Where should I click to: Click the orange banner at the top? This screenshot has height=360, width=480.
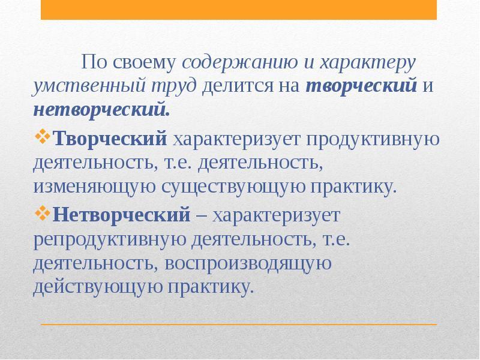[239, 10]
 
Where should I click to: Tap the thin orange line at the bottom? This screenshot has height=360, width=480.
[239, 324]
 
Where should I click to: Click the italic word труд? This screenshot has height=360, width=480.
[173, 86]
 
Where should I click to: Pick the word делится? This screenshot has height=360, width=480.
[238, 86]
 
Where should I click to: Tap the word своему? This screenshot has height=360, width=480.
[145, 63]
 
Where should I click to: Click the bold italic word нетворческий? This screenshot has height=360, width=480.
[101, 110]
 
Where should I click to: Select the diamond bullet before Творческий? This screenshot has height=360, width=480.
[42, 137]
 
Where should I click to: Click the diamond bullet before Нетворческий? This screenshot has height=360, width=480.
[42, 214]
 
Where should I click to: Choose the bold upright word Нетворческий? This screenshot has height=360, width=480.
[122, 214]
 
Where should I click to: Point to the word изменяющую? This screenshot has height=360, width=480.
[94, 187]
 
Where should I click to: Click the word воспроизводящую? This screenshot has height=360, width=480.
[248, 264]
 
